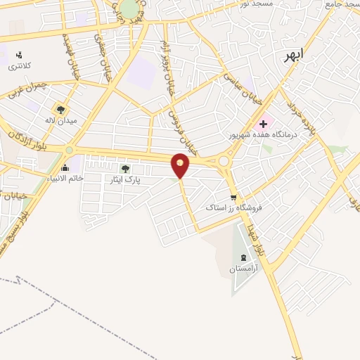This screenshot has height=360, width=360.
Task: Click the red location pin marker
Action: (x=181, y=165)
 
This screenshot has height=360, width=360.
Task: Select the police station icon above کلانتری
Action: (x=19, y=54)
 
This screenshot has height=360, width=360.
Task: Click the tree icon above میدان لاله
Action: (x=60, y=110)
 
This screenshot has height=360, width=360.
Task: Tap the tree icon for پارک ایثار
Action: (x=125, y=169)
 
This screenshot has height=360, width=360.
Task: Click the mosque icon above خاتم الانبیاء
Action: (x=65, y=167)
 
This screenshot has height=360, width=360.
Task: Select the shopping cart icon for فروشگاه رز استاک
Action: (x=233, y=198)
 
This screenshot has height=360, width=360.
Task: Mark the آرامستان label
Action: (x=244, y=269)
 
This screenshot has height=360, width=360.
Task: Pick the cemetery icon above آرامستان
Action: (x=244, y=257)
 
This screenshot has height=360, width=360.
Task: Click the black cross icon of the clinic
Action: (x=263, y=124)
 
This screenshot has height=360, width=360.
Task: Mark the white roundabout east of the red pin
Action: (x=224, y=161)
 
